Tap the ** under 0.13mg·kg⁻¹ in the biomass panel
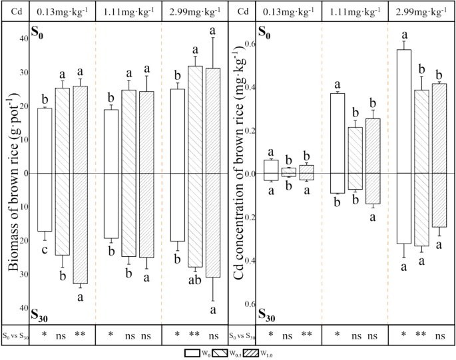pos(81,336)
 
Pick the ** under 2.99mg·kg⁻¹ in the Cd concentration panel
pos(421,336)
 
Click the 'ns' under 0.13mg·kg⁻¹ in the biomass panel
pos(63,336)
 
